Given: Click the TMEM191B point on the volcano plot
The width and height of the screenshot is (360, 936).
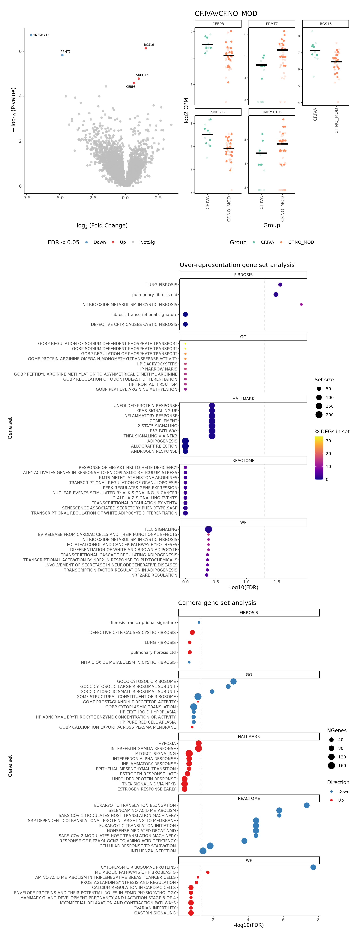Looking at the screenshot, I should tap(31, 35).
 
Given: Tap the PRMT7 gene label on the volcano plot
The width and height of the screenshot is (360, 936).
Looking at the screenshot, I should tap(65, 52).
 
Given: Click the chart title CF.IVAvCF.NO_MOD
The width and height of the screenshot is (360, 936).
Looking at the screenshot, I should tap(226, 13).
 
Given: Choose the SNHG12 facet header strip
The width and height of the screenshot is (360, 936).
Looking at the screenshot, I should tap(218, 112).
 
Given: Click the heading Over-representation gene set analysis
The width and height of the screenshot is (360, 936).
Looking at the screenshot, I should tap(237, 265).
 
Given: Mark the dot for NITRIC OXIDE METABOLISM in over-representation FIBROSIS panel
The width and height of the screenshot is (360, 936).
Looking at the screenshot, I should tap(301, 304).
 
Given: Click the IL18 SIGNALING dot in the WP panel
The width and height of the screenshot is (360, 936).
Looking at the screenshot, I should tap(208, 529).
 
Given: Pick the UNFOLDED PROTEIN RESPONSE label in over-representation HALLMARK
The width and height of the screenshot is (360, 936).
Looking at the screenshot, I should tap(145, 406).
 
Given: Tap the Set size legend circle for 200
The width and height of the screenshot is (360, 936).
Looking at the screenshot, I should tap(319, 415).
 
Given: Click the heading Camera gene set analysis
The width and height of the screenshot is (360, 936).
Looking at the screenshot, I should tap(217, 603).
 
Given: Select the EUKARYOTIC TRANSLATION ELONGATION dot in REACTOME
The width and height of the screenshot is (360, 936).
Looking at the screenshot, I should tap(307, 805).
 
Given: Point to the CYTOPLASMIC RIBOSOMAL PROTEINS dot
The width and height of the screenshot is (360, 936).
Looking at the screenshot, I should tap(313, 867).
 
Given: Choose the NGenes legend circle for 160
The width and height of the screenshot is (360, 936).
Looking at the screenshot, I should tap(331, 766).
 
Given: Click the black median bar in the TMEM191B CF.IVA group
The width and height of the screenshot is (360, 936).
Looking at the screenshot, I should tap(261, 153).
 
